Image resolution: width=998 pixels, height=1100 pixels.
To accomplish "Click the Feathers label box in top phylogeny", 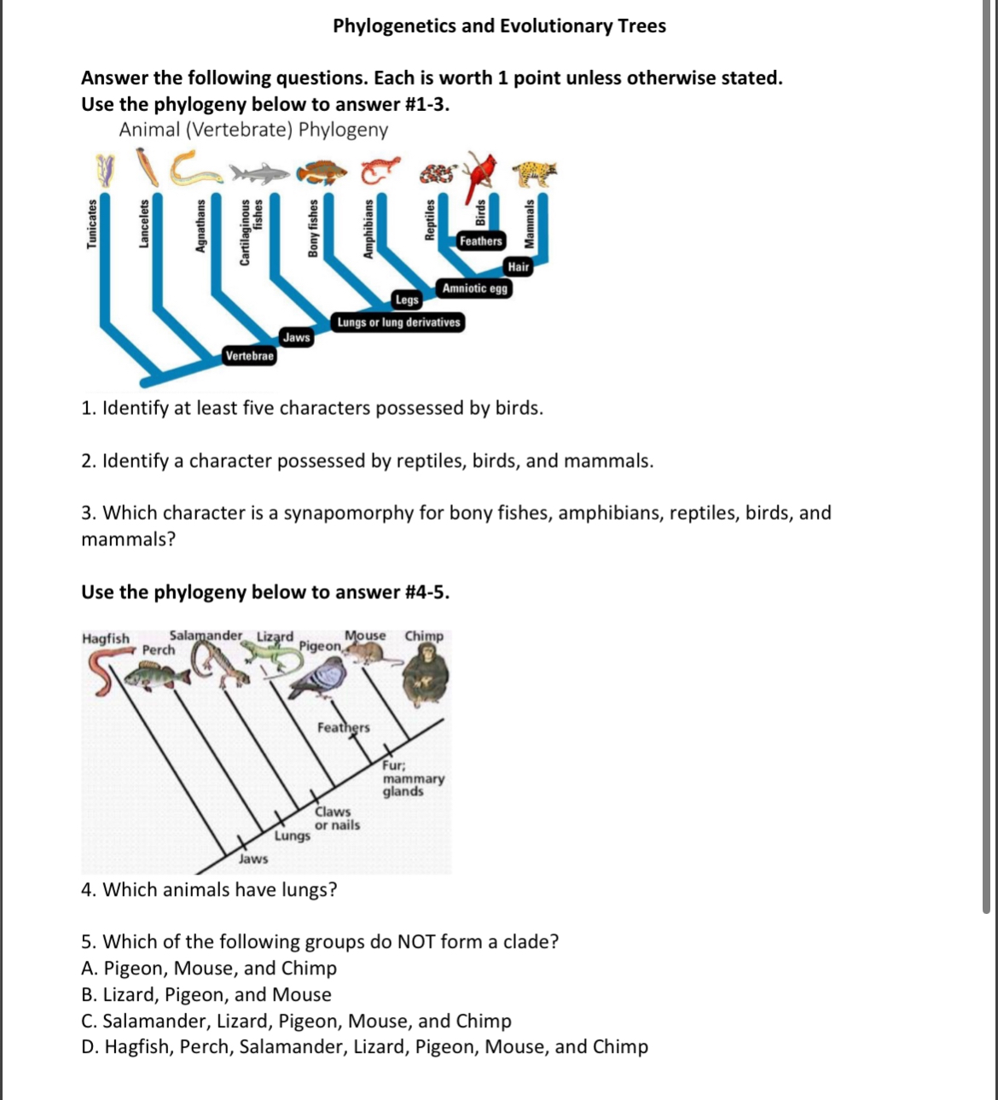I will [x=480, y=242].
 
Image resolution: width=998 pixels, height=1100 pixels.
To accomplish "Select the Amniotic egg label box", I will [x=474, y=288].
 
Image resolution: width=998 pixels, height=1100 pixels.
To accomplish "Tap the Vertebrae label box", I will [x=249, y=356].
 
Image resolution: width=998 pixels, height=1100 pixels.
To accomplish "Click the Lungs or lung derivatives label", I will [x=398, y=323].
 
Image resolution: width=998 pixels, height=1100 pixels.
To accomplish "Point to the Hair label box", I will [x=519, y=267].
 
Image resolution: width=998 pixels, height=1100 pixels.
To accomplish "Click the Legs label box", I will [x=407, y=300].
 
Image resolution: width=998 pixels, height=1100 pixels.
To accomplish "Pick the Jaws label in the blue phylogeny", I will [x=296, y=338].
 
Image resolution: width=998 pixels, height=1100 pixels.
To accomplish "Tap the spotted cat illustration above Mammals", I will [x=535, y=173].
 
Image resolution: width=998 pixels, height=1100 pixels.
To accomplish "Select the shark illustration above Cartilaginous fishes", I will [x=258, y=174].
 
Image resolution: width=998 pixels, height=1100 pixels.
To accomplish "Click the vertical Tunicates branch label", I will [x=91, y=224].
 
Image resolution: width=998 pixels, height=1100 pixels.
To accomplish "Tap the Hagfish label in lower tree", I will [x=106, y=638].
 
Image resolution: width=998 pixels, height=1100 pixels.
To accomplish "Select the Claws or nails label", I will [x=337, y=818].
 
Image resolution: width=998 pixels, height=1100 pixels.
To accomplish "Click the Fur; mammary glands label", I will [x=412, y=778].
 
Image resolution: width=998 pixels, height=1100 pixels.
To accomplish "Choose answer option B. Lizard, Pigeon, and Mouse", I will [x=206, y=995].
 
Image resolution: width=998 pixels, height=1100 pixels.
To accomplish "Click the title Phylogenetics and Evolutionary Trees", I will [x=499, y=26].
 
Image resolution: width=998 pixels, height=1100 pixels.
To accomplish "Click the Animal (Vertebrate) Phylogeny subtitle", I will [x=253, y=130].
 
